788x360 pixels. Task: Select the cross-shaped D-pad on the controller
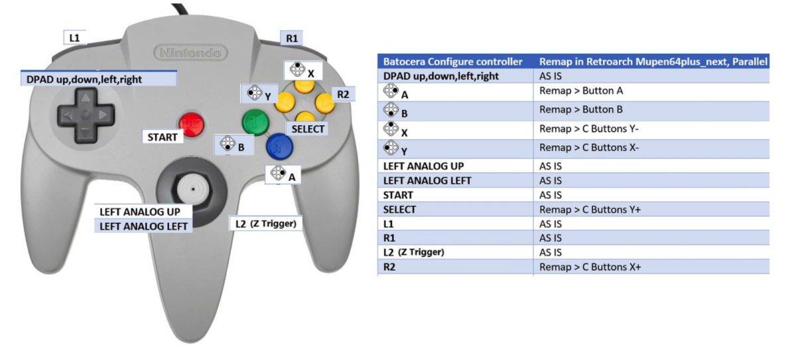[x=86, y=115]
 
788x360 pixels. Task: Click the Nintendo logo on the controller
[x=190, y=52]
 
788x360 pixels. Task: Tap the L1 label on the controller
[x=74, y=37]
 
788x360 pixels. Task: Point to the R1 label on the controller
[x=292, y=38]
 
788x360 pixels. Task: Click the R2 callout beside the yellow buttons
[x=343, y=94]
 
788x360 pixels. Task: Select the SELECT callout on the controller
[x=308, y=129]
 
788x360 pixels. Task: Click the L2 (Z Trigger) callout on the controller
[x=265, y=223]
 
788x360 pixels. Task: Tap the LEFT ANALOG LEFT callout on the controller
[x=143, y=227]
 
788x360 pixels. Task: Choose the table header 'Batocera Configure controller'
[x=453, y=62]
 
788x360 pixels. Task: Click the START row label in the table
[x=398, y=195]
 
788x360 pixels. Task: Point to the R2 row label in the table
[x=389, y=267]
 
